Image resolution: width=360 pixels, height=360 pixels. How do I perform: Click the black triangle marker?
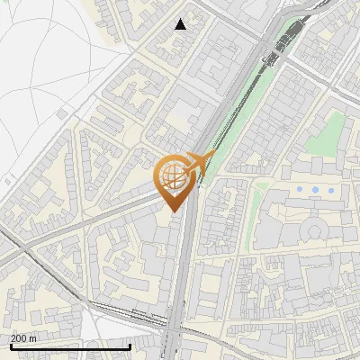point(181,24)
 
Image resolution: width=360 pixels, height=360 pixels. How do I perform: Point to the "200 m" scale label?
point(23,338)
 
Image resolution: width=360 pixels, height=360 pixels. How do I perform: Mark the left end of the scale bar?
point(10,346)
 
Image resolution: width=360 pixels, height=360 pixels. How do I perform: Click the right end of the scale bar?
point(130,346)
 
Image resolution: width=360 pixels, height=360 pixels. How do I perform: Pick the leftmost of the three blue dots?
point(299,190)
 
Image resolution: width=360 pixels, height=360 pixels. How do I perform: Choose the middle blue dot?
point(315,190)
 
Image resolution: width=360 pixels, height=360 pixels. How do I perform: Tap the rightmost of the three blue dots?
point(331,190)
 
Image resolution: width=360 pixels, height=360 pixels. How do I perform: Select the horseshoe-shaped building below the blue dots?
point(315,230)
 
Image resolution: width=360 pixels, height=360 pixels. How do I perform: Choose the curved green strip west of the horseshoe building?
point(256,216)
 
